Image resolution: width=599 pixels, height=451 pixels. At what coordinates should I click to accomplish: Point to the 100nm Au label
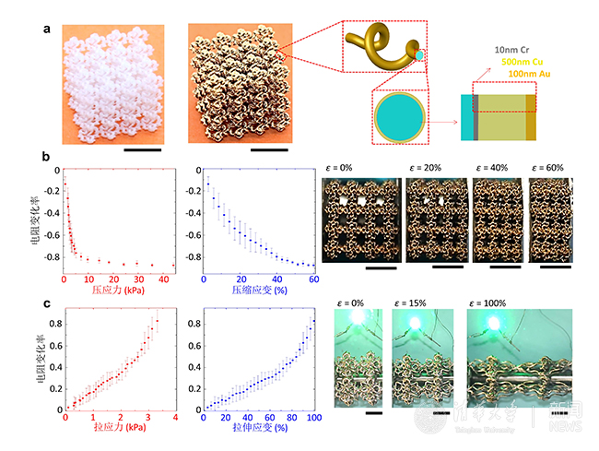(535, 73)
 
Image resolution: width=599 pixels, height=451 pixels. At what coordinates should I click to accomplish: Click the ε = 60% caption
(549, 168)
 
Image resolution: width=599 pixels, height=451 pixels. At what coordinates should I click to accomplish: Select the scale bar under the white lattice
(141, 148)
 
